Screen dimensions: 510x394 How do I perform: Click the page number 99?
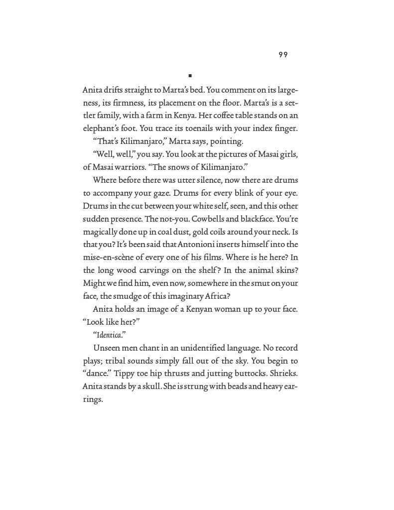coord(283,55)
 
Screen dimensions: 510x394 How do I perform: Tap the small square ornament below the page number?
coord(190,76)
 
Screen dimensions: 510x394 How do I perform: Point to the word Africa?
coord(215,296)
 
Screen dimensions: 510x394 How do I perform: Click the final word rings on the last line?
coord(92,399)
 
